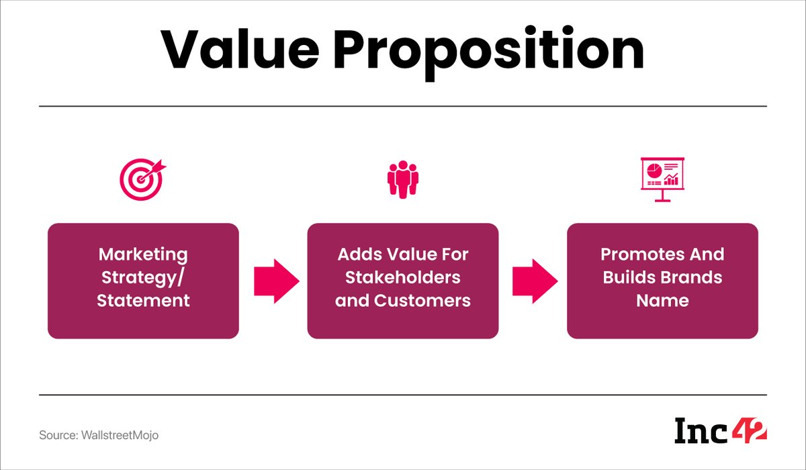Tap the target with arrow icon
pos(142,178)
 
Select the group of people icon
pos(402,179)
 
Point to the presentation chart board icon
pos(662,178)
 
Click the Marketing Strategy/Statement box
pos(143,281)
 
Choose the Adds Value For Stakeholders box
pos(402,281)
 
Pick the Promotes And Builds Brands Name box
pos(662,281)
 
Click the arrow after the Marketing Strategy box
pos(276,281)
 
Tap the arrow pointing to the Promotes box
pos(535,281)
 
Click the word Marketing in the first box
pos(143,255)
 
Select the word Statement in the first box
pos(143,300)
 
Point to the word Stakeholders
pos(402,277)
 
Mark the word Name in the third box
pos(662,300)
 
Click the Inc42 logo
pos(720,430)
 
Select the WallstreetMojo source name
pos(120,435)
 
